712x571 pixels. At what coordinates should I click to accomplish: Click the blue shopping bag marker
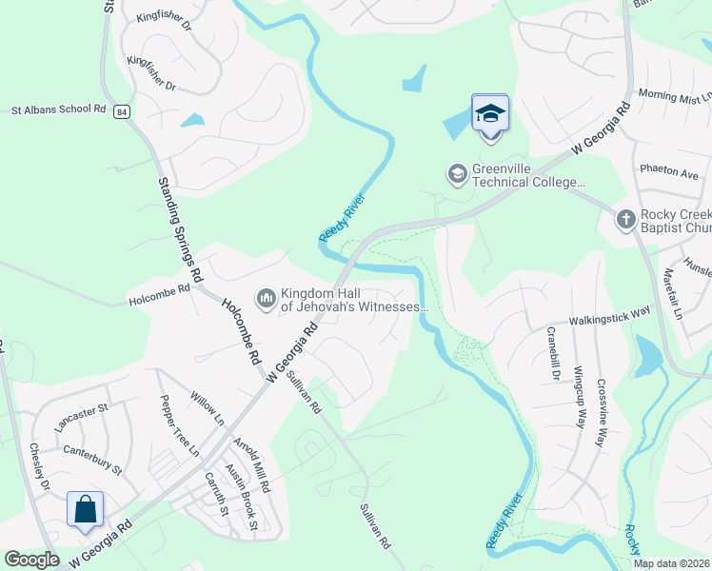[x=86, y=508]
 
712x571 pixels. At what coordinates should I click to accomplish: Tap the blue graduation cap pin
[x=490, y=114]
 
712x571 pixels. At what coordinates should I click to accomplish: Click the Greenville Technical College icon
[x=457, y=173]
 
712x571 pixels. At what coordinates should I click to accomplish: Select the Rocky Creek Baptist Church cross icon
[x=625, y=220]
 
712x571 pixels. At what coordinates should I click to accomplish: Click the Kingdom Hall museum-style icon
[x=266, y=299]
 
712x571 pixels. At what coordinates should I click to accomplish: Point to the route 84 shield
[x=121, y=112]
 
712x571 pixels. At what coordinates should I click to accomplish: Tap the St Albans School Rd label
[x=57, y=110]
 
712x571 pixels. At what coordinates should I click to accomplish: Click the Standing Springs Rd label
[x=181, y=228]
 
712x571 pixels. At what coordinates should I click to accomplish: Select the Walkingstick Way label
[x=609, y=316]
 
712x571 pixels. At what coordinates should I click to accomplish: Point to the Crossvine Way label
[x=602, y=412]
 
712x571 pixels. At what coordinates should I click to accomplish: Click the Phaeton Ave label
[x=674, y=174]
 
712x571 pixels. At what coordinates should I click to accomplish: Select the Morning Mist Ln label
[x=674, y=96]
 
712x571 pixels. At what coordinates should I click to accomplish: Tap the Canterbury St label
[x=92, y=458]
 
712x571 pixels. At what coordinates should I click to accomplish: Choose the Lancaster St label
[x=83, y=414]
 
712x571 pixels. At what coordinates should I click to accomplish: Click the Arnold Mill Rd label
[x=253, y=463]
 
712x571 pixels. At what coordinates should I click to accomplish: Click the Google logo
[x=31, y=560]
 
